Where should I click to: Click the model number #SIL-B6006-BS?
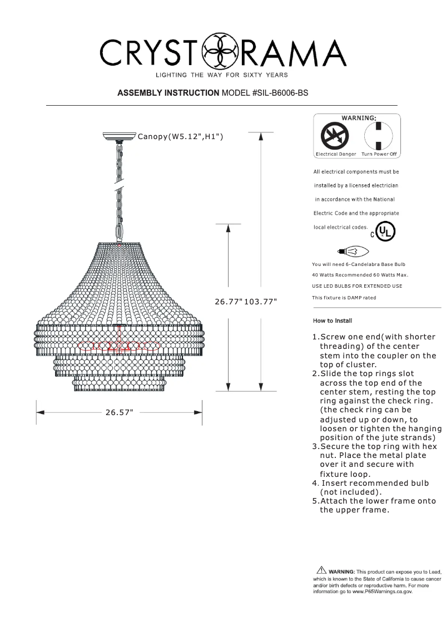[x=280, y=93]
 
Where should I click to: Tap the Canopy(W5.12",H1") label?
[x=180, y=136]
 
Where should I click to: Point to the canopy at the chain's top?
[x=119, y=135]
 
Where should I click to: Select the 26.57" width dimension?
[x=119, y=412]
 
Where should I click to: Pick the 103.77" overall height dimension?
[x=261, y=301]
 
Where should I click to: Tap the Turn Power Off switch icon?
[x=378, y=136]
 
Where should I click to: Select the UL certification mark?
[x=385, y=231]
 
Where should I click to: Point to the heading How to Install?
[x=332, y=321]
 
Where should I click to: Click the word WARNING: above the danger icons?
[x=358, y=118]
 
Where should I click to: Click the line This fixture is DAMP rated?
[x=344, y=298]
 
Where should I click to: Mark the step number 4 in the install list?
[x=315, y=483]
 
